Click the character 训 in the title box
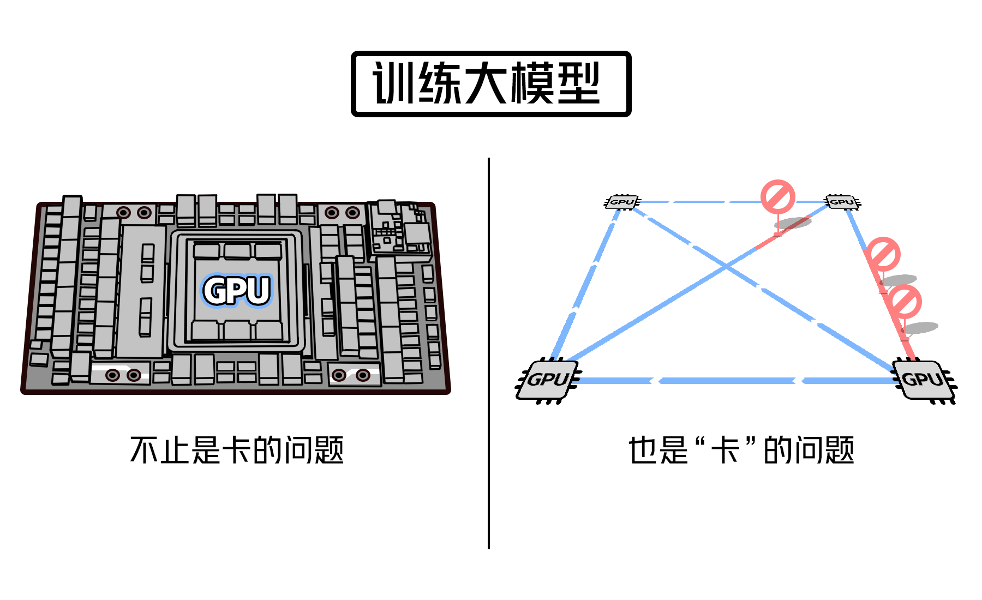click(394, 83)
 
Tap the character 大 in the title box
click(486, 83)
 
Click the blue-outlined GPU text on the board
click(237, 290)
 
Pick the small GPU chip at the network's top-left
click(622, 202)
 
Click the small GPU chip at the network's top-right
click(842, 202)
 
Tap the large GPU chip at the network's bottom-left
click(548, 380)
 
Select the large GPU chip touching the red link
click(923, 380)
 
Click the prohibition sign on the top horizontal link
click(777, 197)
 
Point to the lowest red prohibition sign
click(904, 302)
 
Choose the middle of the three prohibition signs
click(883, 254)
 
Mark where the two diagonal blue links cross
click(726, 266)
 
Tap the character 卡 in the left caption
click(236, 451)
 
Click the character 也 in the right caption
click(643, 451)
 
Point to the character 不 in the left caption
click(145, 451)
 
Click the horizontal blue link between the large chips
click(731, 381)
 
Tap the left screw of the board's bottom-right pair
click(339, 375)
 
